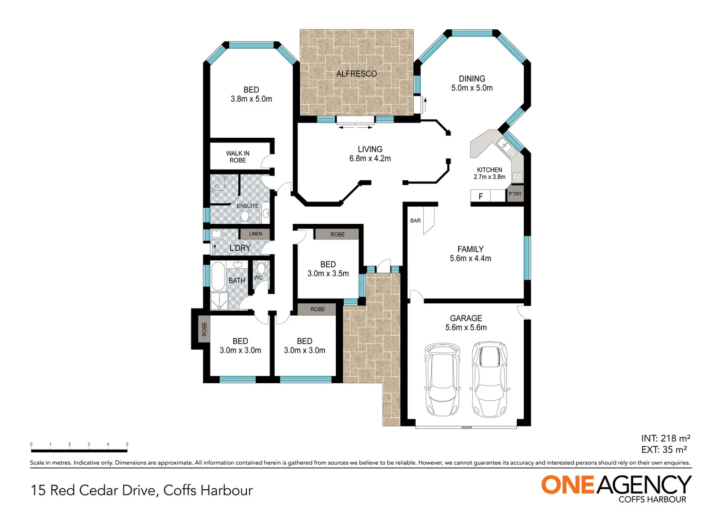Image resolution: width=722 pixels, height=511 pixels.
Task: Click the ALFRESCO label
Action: (x=357, y=74)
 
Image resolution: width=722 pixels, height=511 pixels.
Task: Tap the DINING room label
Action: (x=471, y=79)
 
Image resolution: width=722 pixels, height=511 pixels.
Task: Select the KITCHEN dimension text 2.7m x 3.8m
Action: (x=489, y=177)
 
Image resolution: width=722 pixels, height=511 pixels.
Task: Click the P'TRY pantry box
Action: (x=515, y=194)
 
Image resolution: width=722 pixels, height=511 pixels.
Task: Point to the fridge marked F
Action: (x=480, y=196)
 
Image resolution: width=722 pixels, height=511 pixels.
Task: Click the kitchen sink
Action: (x=508, y=148)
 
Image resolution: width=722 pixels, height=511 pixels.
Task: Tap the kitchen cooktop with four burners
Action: (x=518, y=177)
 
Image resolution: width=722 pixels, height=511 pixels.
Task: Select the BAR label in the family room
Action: (x=415, y=220)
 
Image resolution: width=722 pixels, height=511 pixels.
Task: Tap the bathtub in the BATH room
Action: (x=218, y=276)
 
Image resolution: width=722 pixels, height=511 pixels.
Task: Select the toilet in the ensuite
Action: (x=244, y=217)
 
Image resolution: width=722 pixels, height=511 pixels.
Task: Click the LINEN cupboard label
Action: (x=255, y=234)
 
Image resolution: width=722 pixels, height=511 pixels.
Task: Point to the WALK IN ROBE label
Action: (x=237, y=157)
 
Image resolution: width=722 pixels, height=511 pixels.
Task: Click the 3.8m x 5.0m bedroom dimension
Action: (x=251, y=99)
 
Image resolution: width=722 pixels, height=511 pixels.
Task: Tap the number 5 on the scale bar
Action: (x=127, y=444)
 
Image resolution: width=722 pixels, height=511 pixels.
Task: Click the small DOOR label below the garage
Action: (x=466, y=428)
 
